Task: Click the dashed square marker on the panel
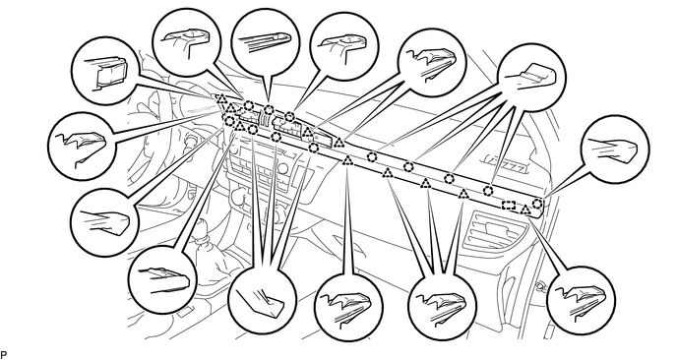coord(509,205)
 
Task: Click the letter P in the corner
coord(4,355)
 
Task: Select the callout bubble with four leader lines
coord(531,78)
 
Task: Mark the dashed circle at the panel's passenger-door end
coord(537,203)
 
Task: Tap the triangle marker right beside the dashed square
coord(525,210)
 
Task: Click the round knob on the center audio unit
coord(236,196)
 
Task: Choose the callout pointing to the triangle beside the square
coord(581,300)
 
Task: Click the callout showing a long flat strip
coord(265,41)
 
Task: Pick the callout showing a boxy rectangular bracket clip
coord(105,71)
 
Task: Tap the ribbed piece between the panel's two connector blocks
coord(265,119)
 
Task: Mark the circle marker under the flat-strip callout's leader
coord(269,109)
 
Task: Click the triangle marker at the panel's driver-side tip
coord(221,98)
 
